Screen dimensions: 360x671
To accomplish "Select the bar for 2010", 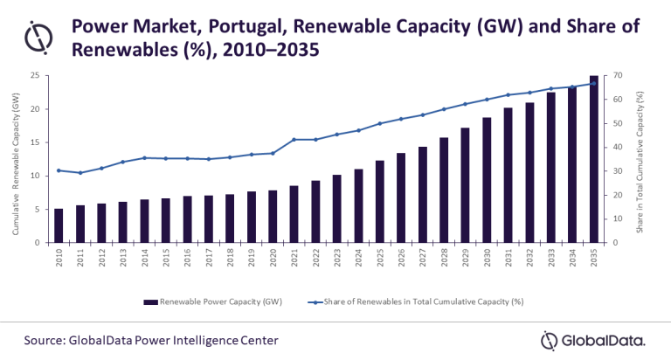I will click(59, 225).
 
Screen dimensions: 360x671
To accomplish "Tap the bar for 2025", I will click(380, 201).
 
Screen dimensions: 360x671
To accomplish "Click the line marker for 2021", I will click(294, 139).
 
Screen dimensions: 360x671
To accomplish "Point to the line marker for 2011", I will click(80, 173).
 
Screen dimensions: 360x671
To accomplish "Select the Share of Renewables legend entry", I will click(428, 301).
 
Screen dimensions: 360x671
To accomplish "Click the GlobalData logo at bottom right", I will click(594, 340).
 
